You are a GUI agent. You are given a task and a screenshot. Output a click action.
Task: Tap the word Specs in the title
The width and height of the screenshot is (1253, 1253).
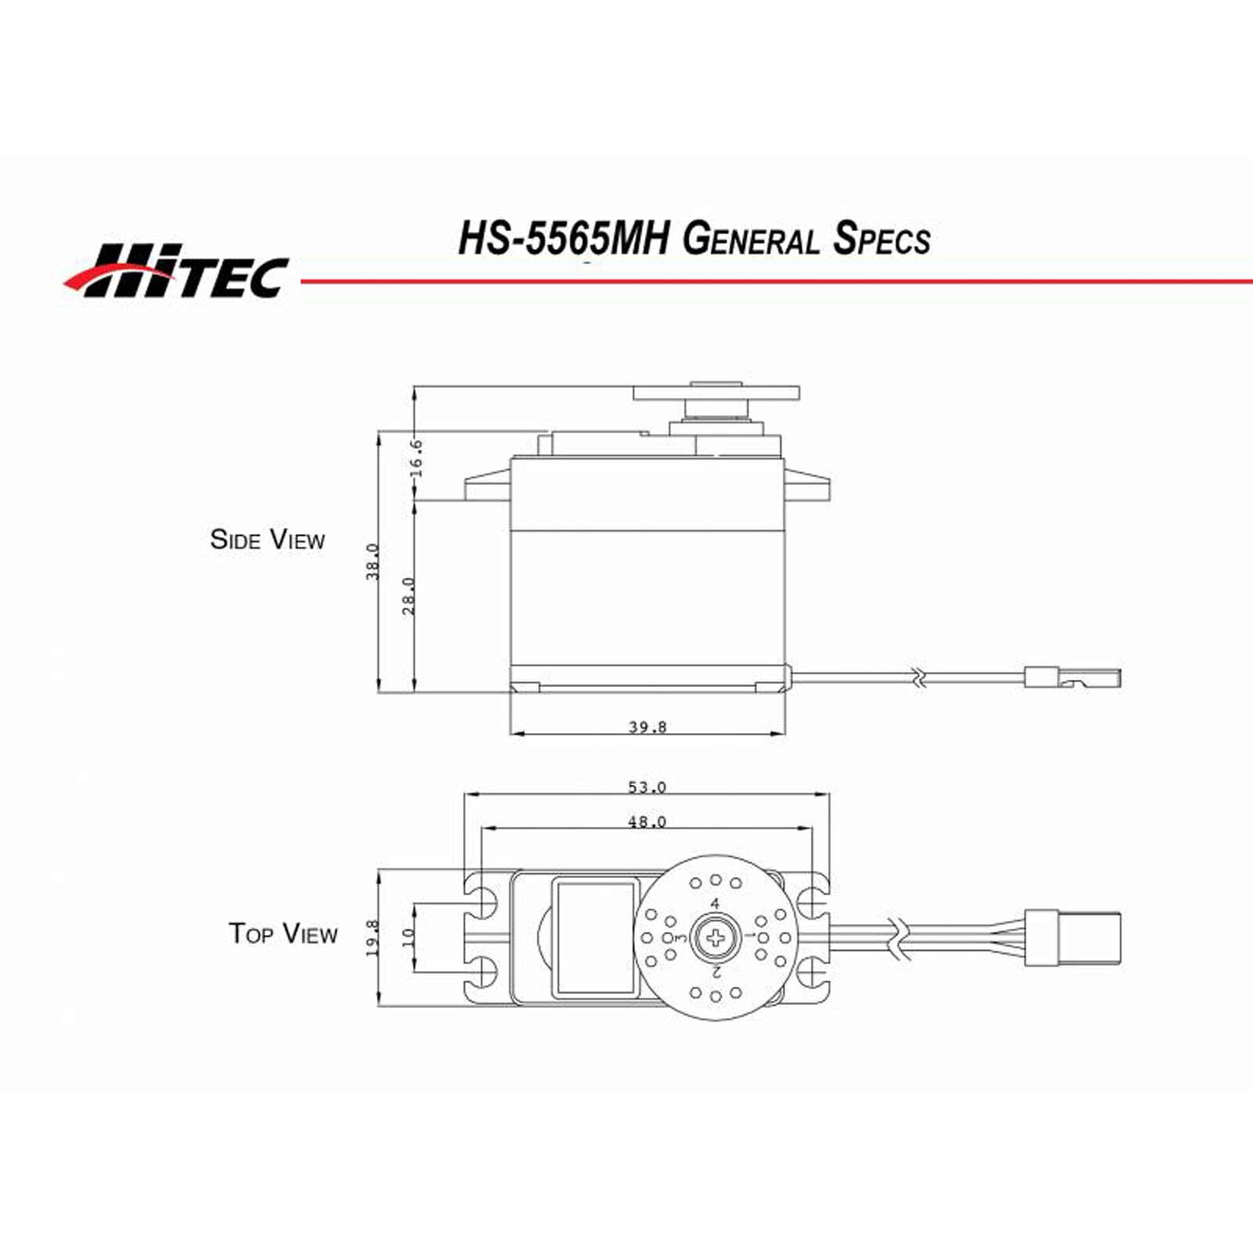tap(882, 238)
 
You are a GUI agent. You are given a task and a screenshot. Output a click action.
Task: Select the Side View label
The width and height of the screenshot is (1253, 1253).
tap(267, 540)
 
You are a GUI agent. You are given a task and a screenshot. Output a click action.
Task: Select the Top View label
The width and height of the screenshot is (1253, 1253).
tap(283, 933)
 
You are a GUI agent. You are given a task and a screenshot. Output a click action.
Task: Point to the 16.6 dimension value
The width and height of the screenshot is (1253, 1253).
tap(416, 457)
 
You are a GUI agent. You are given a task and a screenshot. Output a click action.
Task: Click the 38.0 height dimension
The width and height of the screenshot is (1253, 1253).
tap(373, 562)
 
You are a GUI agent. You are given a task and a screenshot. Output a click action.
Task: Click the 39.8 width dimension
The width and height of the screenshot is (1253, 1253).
tap(648, 727)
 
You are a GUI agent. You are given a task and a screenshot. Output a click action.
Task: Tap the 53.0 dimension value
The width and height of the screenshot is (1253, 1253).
tap(647, 787)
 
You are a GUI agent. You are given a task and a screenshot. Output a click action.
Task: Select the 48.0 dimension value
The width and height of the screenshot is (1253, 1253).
tap(647, 821)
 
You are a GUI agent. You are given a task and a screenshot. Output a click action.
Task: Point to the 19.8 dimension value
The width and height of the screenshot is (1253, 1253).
tap(373, 937)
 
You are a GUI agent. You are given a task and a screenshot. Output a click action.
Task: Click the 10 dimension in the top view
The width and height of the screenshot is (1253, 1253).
tap(407, 937)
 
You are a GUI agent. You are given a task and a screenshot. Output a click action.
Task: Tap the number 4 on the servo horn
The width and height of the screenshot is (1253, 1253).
tap(714, 904)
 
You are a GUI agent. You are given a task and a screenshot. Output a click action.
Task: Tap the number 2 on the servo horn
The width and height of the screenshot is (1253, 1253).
tap(716, 972)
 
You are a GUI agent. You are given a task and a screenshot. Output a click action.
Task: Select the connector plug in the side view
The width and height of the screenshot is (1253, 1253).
tap(1073, 677)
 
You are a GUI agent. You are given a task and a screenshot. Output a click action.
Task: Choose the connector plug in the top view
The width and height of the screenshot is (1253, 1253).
tap(1073, 937)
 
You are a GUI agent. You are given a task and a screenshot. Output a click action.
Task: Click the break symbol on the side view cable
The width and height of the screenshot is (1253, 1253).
tap(919, 678)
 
